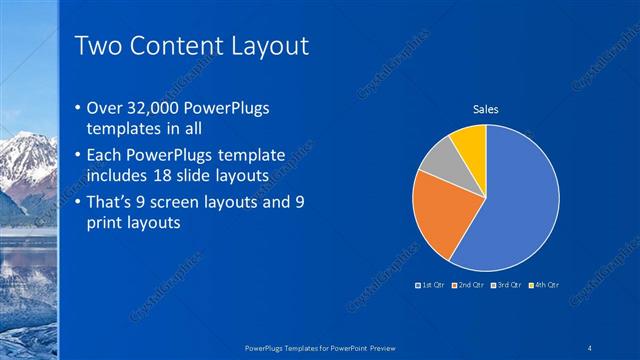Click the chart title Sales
(x=486, y=109)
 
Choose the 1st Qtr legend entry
(x=432, y=285)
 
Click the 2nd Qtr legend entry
(x=469, y=285)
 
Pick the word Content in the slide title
(x=178, y=46)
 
